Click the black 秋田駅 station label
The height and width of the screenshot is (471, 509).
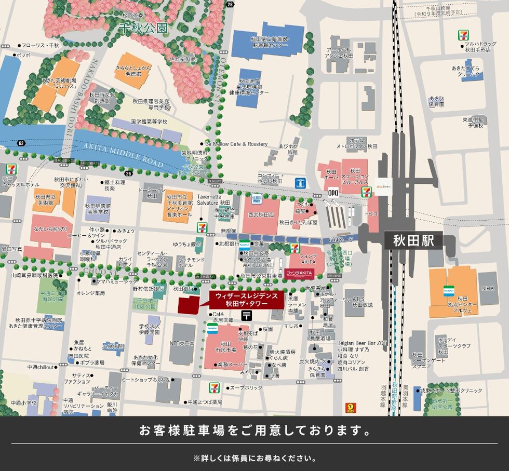click(413, 241)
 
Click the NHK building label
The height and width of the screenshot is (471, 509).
click(488, 288)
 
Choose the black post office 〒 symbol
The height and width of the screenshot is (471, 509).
click(247, 315)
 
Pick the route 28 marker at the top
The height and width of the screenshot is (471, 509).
click(230, 4)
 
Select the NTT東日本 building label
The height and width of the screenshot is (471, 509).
click(182, 343)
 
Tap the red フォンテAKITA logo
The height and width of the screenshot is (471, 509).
click(299, 273)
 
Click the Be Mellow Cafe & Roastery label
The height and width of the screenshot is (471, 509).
click(236, 144)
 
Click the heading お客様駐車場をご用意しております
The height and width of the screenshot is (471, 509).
click(254, 430)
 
